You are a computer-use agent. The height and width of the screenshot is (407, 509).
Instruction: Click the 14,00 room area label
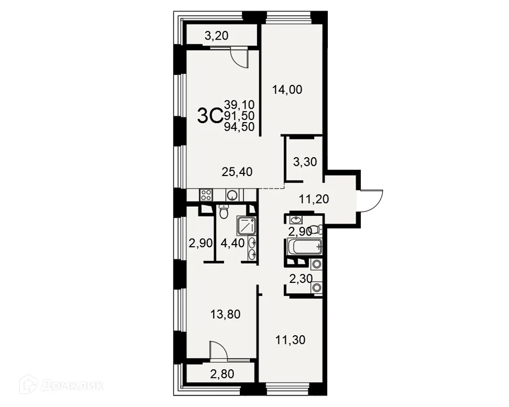pos(287,90)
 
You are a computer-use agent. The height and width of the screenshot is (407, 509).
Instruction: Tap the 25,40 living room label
pos(237,171)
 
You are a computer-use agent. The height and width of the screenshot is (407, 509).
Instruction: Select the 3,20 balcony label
pos(216,36)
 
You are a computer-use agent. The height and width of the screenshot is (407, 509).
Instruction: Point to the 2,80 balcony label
pos(222,374)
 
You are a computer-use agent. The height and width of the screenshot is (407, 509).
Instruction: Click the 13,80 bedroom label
pos(225,314)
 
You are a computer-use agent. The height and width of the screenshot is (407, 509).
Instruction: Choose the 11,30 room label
pos(290,340)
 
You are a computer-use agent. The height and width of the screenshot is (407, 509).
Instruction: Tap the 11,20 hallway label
pos(314,199)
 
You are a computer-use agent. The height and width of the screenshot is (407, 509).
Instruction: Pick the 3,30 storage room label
pos(305,162)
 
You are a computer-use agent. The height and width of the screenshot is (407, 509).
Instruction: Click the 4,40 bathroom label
pos(233,243)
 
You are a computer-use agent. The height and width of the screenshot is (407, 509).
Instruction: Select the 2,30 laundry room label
pos(301,279)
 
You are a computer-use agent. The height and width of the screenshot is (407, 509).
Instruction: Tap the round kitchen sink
pos(232,195)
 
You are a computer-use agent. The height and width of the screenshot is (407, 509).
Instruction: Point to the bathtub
pos(305,247)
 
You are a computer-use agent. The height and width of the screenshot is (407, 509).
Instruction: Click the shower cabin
pos(246,225)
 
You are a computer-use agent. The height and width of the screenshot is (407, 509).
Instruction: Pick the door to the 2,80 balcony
pos(218,350)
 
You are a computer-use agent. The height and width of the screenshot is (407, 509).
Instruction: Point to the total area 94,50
pos(239,127)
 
